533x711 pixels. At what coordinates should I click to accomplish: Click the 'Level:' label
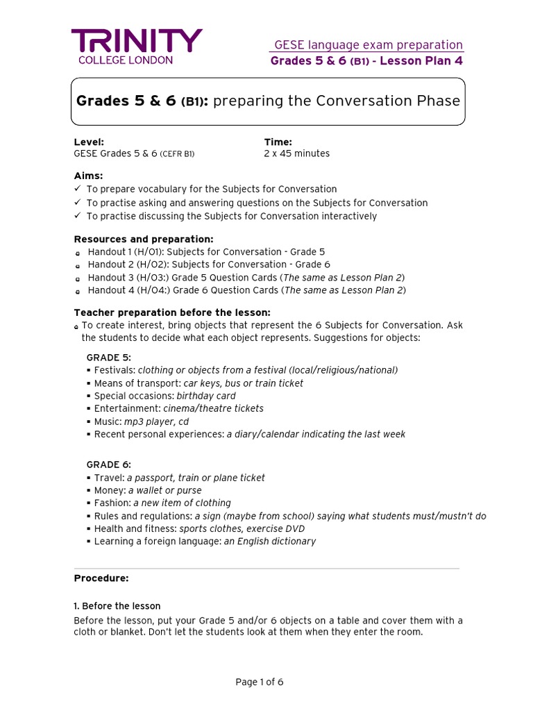coord(89,142)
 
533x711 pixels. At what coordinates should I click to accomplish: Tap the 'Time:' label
coord(278,142)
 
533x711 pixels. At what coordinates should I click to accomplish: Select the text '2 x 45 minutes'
coord(296,153)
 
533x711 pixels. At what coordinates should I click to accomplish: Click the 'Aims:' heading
coord(88,176)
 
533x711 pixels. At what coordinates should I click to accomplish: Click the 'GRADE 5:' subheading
coord(108,357)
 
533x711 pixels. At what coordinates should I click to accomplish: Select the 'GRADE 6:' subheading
coord(108,465)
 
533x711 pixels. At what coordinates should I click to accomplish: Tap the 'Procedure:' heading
coord(101,578)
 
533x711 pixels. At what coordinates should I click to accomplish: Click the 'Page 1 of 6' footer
coord(259,682)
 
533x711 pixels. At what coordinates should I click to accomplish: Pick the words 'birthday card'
coord(206,396)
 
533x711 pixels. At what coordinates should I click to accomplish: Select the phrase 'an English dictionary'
coord(269,541)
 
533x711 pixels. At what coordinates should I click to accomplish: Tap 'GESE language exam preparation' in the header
coord(368,45)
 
